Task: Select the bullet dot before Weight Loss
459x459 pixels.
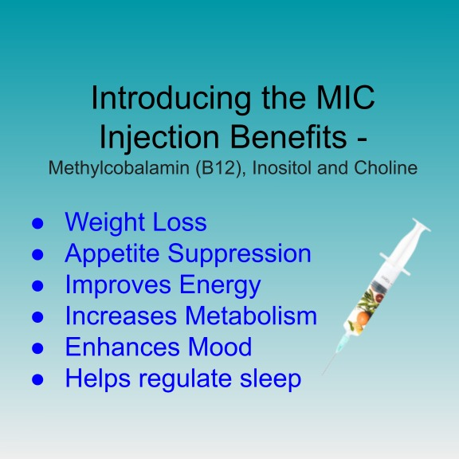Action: click(x=37, y=224)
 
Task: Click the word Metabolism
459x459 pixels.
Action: click(x=251, y=316)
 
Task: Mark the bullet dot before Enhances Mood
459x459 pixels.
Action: click(x=37, y=349)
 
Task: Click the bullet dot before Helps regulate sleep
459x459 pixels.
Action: click(x=37, y=380)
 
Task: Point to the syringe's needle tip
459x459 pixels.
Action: click(x=322, y=375)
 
